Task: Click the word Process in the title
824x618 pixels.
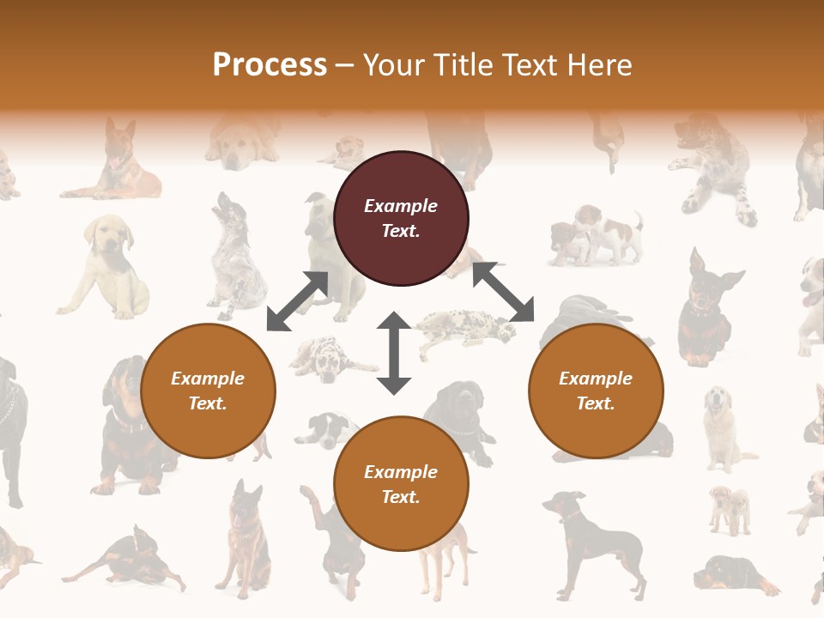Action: (270, 65)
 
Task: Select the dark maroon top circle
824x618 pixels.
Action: (401, 218)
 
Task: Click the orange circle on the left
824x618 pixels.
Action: (208, 391)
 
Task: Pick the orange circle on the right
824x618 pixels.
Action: (596, 391)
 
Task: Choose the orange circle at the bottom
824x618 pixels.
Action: (401, 484)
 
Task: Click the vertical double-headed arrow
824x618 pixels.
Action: (394, 353)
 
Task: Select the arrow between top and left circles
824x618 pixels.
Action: (298, 300)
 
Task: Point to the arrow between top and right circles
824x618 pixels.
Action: (503, 292)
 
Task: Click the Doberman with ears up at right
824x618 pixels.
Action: (706, 309)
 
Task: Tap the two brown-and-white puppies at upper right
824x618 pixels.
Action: (597, 233)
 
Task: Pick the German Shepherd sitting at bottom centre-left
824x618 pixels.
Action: (245, 536)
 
